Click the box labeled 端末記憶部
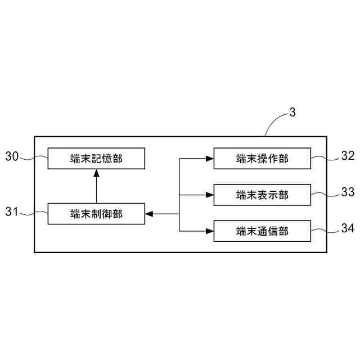pyautogui.click(x=96, y=159)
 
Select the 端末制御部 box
pyautogui.click(x=96, y=213)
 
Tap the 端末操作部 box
pyautogui.click(x=262, y=159)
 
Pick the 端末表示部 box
pyautogui.click(x=262, y=195)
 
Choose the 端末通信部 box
pyautogui.click(x=262, y=230)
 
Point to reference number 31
pyautogui.click(x=12, y=212)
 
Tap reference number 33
pyautogui.click(x=348, y=192)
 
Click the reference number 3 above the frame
pyautogui.click(x=292, y=112)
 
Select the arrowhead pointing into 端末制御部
pyautogui.click(x=149, y=213)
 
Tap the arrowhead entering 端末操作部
pyautogui.click(x=209, y=159)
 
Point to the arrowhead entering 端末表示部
pyautogui.click(x=209, y=195)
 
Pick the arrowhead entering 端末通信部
pyautogui.click(x=209, y=230)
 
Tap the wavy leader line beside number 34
pyautogui.click(x=325, y=229)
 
